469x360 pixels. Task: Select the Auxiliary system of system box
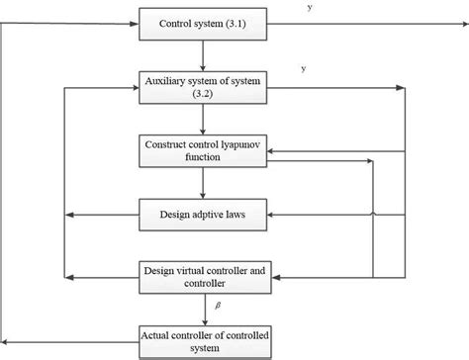tap(202, 87)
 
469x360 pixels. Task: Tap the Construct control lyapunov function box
tap(202, 149)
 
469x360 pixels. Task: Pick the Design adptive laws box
tap(202, 213)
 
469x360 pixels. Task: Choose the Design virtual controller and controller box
tap(202, 274)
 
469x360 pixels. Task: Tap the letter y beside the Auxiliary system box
tap(303, 68)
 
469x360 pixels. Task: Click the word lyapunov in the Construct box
tap(232, 143)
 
